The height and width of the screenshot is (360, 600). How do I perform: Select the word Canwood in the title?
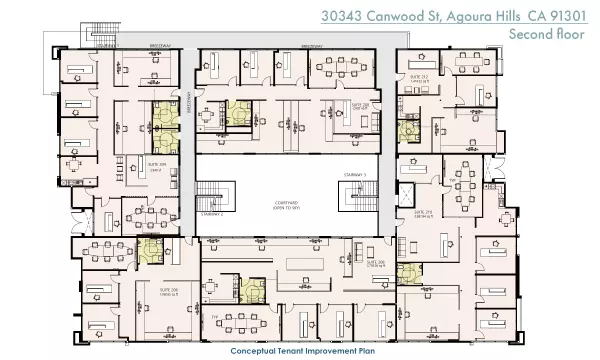click(392, 16)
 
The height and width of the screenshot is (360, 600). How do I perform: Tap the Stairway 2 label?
click(210, 213)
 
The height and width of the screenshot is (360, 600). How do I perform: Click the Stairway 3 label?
click(371, 174)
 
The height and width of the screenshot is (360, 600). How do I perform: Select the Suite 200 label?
click(376, 265)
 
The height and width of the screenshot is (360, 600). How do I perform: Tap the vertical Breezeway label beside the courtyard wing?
click(187, 103)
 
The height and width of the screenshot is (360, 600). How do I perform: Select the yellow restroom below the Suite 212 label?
click(408, 128)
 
